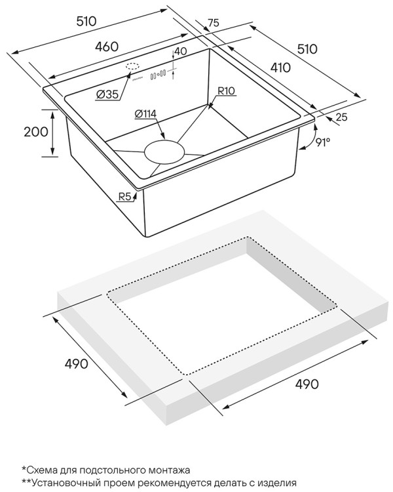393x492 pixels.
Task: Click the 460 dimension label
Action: click(107, 47)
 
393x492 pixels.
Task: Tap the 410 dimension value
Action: click(280, 68)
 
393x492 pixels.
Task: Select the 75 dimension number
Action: click(213, 23)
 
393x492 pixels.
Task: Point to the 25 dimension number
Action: click(342, 117)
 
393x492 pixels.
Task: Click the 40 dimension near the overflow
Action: click(181, 51)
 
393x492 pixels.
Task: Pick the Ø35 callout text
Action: click(107, 94)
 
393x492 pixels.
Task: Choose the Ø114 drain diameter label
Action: click(145, 113)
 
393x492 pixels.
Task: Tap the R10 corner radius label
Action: click(226, 91)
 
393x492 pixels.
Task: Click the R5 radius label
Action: click(124, 197)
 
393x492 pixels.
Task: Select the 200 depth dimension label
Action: click(36, 132)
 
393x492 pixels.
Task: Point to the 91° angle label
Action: click(323, 143)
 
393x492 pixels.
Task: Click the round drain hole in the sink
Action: click(164, 152)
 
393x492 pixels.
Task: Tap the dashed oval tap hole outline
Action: click(132, 66)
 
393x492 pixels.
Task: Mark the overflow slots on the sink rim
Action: click(159, 75)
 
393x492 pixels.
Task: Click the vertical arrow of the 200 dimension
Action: click(52, 133)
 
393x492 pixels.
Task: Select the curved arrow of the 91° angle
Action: click(310, 136)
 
